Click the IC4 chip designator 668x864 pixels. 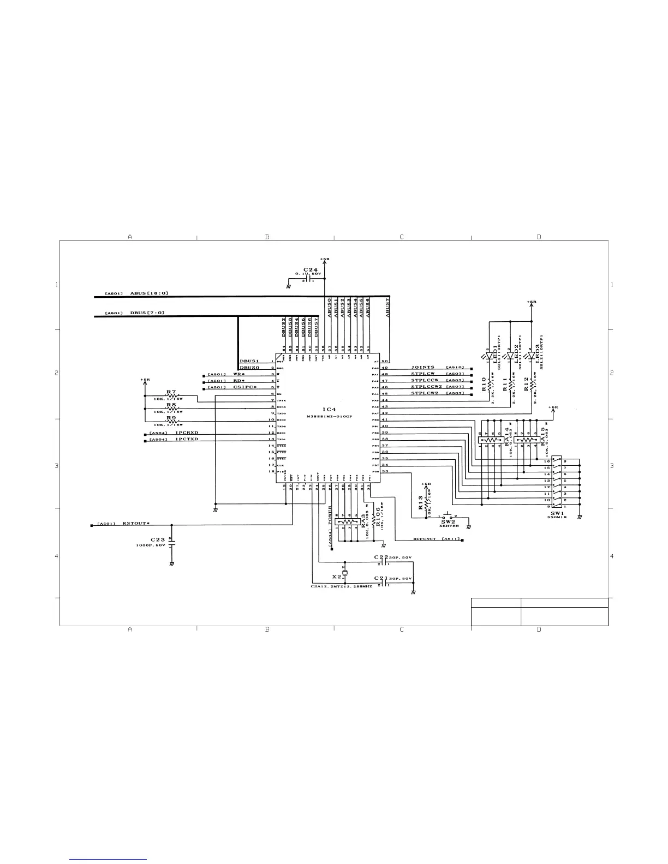click(329, 409)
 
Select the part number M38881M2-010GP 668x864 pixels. click(330, 416)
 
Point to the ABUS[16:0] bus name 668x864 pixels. click(149, 293)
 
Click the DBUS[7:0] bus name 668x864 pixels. click(147, 313)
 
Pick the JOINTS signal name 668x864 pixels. click(423, 368)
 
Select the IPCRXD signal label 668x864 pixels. click(187, 433)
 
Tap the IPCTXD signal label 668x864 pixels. click(187, 439)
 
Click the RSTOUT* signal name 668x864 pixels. click(135, 524)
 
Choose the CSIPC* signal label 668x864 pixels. click(244, 387)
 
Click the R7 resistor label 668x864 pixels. click(171, 392)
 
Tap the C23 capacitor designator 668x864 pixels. click(158, 540)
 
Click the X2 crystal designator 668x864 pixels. click(337, 576)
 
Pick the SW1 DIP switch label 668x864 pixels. click(557, 513)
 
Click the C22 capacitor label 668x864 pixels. click(380, 557)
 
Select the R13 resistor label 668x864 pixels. click(421, 502)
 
